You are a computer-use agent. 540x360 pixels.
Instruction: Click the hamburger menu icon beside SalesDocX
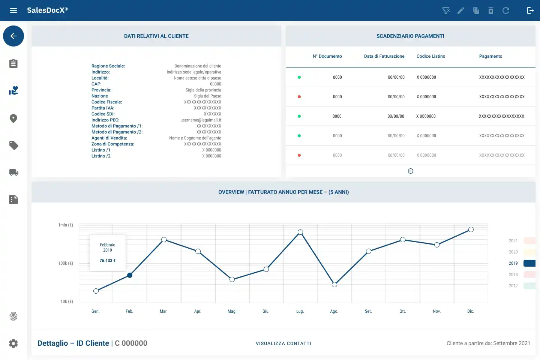[13, 10]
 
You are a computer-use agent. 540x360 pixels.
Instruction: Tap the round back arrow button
[13, 36]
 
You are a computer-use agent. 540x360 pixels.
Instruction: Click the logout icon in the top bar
[530, 10]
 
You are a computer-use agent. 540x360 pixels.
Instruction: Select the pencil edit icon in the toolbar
[460, 10]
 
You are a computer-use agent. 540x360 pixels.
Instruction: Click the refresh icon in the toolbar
[506, 10]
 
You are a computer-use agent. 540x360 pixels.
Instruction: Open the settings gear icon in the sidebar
[13, 343]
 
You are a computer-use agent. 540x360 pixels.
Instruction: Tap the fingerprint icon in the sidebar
[13, 316]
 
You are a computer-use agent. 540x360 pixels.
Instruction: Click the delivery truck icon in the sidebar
[14, 172]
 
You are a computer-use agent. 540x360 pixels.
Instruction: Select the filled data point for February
[130, 275]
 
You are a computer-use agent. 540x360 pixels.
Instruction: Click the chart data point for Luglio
[300, 232]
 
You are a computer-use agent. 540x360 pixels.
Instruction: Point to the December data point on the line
[471, 229]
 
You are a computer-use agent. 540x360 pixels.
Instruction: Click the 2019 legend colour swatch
[529, 263]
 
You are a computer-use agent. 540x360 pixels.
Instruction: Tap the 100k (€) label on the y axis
[66, 263]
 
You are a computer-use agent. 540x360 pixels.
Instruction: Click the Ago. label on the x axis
[334, 311]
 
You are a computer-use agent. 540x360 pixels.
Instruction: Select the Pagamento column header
[490, 56]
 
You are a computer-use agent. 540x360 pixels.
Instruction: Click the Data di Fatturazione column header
[384, 56]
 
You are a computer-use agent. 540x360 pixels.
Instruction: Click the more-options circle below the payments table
[411, 171]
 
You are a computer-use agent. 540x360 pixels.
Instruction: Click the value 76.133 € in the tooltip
[108, 261]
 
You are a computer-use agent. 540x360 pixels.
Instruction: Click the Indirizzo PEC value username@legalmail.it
[201, 120]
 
